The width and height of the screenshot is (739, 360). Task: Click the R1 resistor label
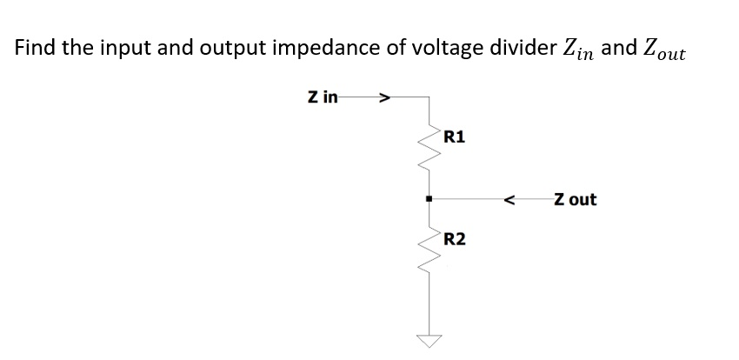pos(454,137)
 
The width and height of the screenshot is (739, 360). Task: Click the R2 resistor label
pos(454,238)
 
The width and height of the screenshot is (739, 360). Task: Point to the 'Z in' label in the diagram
pos(323,97)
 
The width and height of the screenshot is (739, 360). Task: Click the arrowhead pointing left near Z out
pos(511,200)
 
